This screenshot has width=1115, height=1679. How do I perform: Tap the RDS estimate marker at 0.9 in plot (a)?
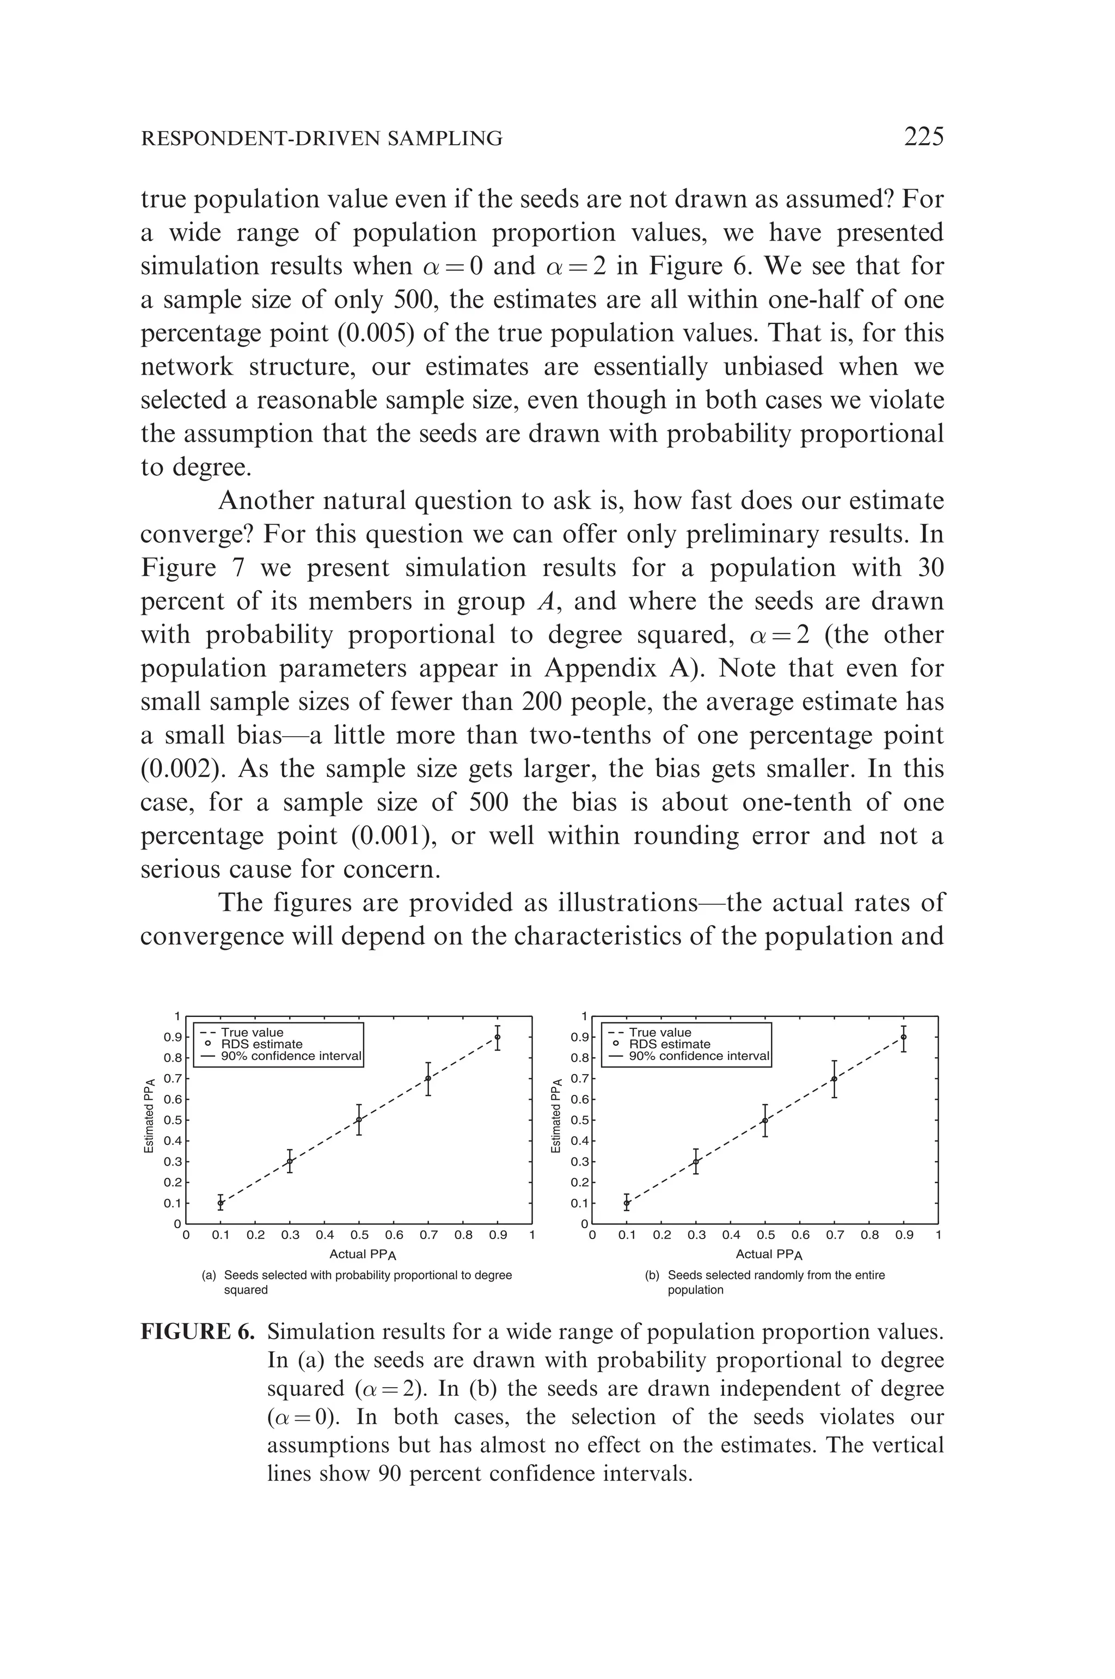tap(497, 1037)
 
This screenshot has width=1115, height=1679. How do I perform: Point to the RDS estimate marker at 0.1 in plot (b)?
tap(627, 1203)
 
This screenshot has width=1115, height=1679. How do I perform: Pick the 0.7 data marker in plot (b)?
tap(834, 1079)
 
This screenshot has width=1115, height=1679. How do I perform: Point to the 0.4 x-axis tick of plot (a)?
tap(324, 1235)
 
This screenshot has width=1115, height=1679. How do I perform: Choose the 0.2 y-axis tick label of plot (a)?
tap(173, 1182)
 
